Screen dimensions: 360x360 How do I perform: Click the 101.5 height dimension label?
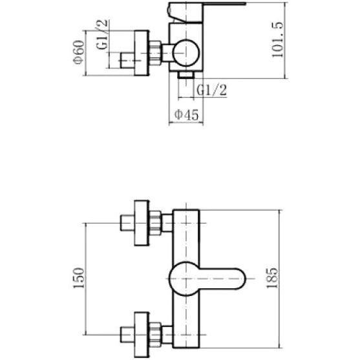pyautogui.click(x=277, y=39)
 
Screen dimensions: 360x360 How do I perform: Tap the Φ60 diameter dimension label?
pyautogui.click(x=78, y=52)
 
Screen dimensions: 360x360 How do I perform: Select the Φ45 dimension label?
pyautogui.click(x=186, y=114)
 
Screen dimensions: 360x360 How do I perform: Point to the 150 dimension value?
pyautogui.click(x=78, y=278)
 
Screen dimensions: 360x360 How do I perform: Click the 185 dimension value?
pyautogui.click(x=272, y=278)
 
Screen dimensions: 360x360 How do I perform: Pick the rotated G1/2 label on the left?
pyautogui.click(x=102, y=34)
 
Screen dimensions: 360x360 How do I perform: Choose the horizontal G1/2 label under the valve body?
pyautogui.click(x=212, y=90)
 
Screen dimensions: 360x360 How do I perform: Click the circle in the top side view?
pyautogui.click(x=186, y=53)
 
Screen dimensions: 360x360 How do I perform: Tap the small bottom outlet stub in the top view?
pyautogui.click(x=186, y=74)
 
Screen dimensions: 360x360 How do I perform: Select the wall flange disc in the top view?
pyautogui.click(x=142, y=53)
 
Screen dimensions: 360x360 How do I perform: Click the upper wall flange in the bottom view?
pyautogui.click(x=142, y=223)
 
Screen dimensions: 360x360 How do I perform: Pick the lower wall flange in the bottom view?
pyautogui.click(x=142, y=335)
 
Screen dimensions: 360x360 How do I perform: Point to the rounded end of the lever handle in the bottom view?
pyautogui.click(x=238, y=279)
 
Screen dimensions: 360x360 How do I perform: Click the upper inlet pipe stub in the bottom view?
pyautogui.click(x=127, y=223)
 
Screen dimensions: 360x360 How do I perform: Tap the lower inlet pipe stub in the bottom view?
pyautogui.click(x=127, y=334)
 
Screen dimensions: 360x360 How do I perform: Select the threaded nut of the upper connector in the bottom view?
pyautogui.click(x=155, y=223)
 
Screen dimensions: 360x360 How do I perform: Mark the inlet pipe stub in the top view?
pyautogui.click(x=127, y=61)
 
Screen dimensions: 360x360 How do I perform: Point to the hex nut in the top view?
pyautogui.click(x=155, y=53)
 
